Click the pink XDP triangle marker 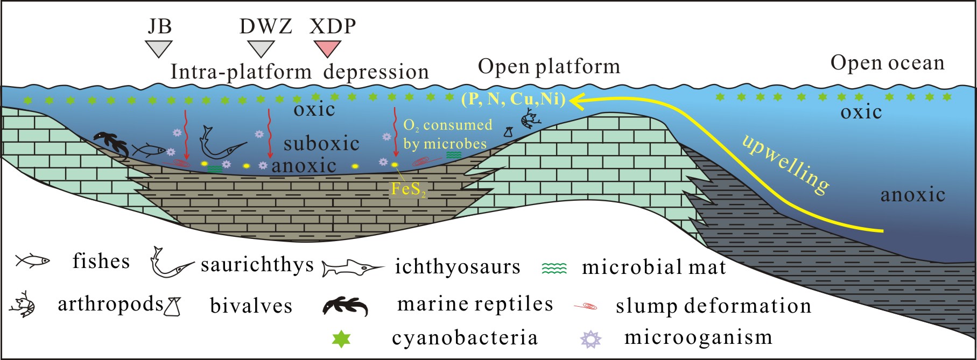point(327,48)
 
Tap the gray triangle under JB point(159,48)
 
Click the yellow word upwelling point(785,164)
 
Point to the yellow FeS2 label point(409,189)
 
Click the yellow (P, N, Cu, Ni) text point(514,99)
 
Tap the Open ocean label point(887,63)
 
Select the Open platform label point(549,67)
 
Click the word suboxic point(321,144)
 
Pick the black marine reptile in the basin point(111,144)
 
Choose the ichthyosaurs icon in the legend point(353,267)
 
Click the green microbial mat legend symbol point(554,267)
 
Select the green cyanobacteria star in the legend point(342,338)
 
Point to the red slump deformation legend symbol point(586,307)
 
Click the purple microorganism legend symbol point(591,338)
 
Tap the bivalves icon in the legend point(173,306)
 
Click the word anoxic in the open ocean point(912,195)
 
